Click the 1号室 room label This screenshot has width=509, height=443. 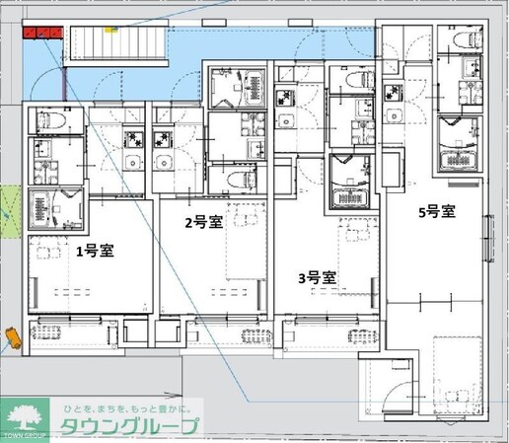point(95,251)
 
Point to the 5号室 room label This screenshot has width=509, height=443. point(435,211)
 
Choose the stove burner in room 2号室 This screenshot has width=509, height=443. point(163,140)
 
